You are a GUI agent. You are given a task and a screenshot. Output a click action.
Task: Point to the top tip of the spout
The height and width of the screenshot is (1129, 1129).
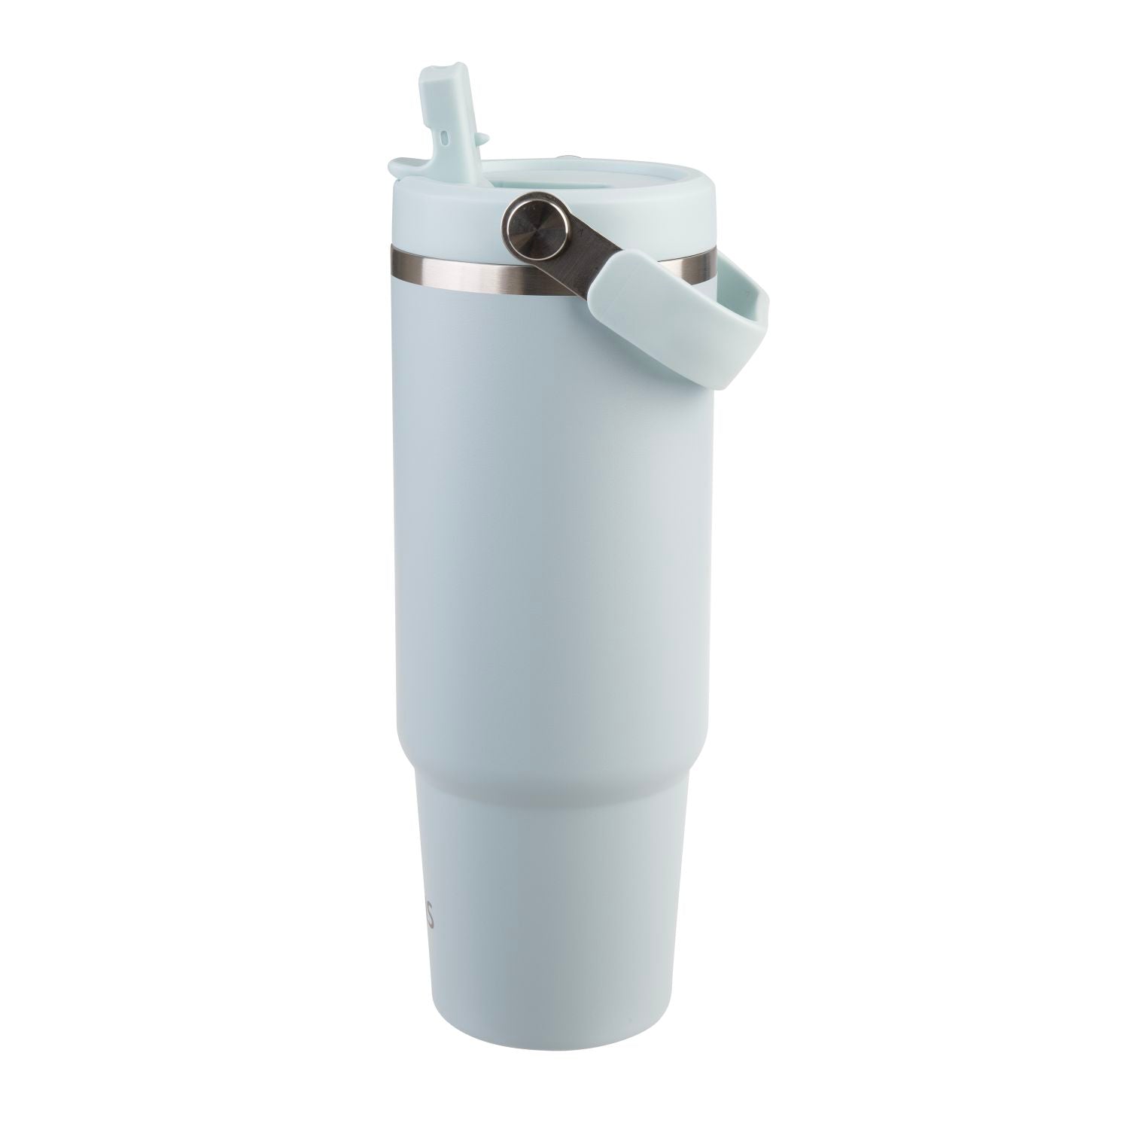437,70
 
